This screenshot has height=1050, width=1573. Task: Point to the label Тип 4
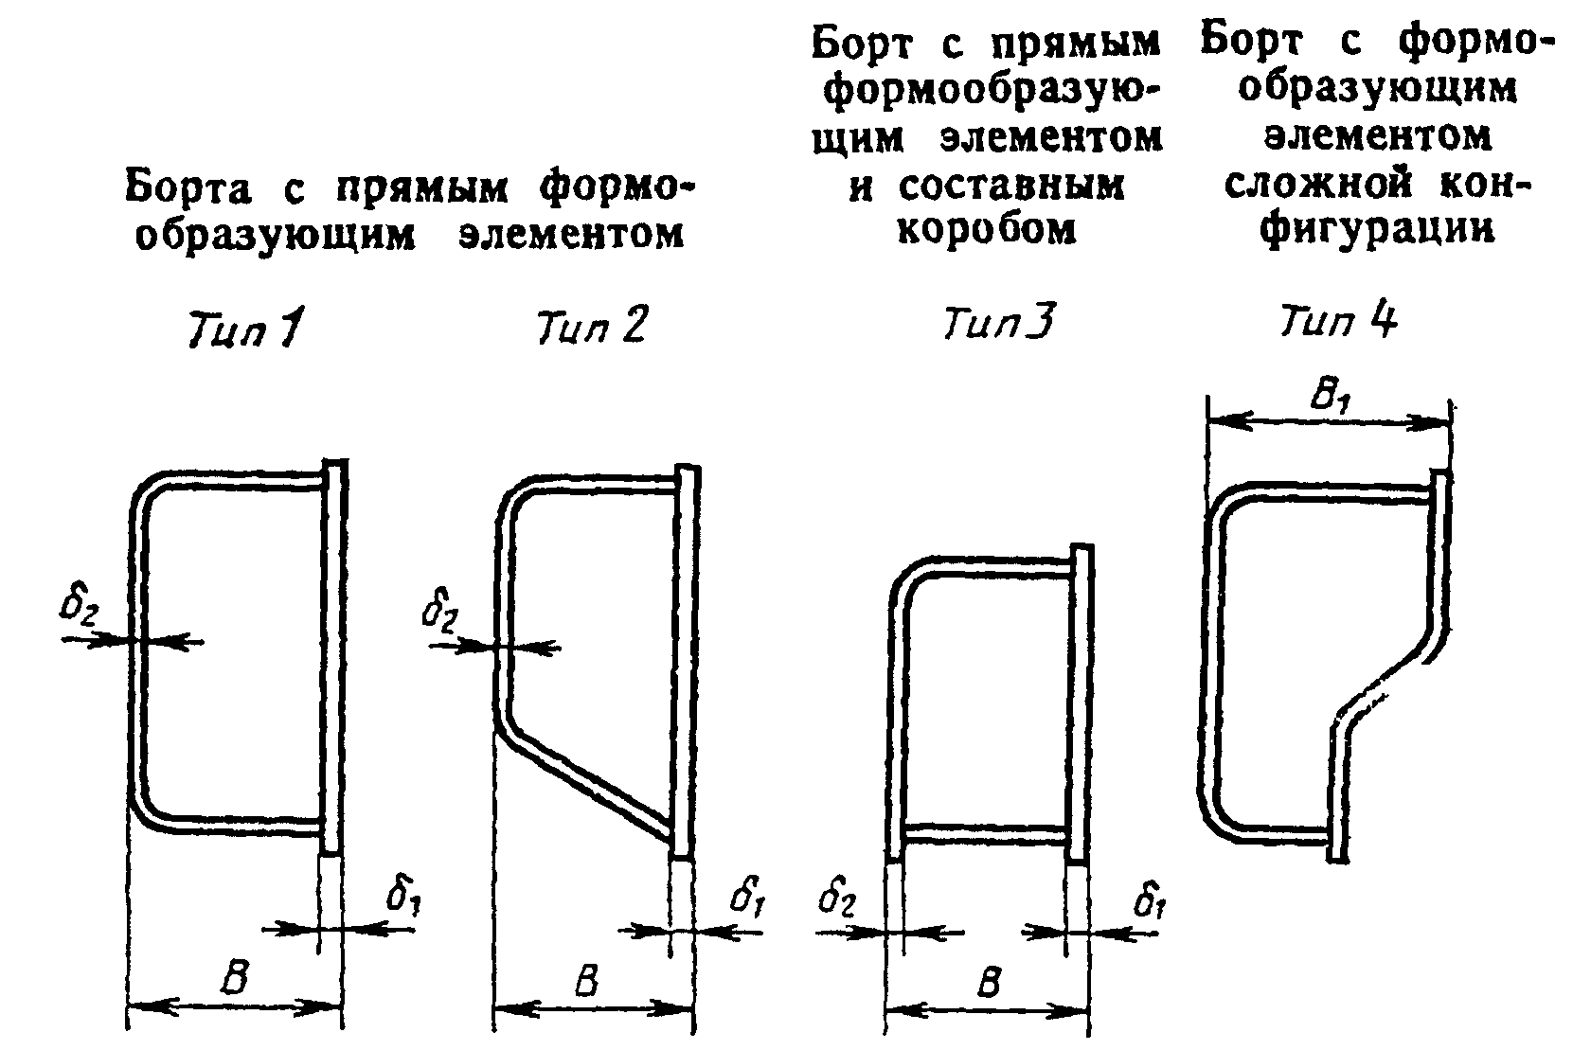coord(1338,323)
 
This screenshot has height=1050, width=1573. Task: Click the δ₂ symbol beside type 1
coord(79,607)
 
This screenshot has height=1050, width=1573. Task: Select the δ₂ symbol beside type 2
coord(440,614)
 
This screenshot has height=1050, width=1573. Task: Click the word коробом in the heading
coord(987,230)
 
